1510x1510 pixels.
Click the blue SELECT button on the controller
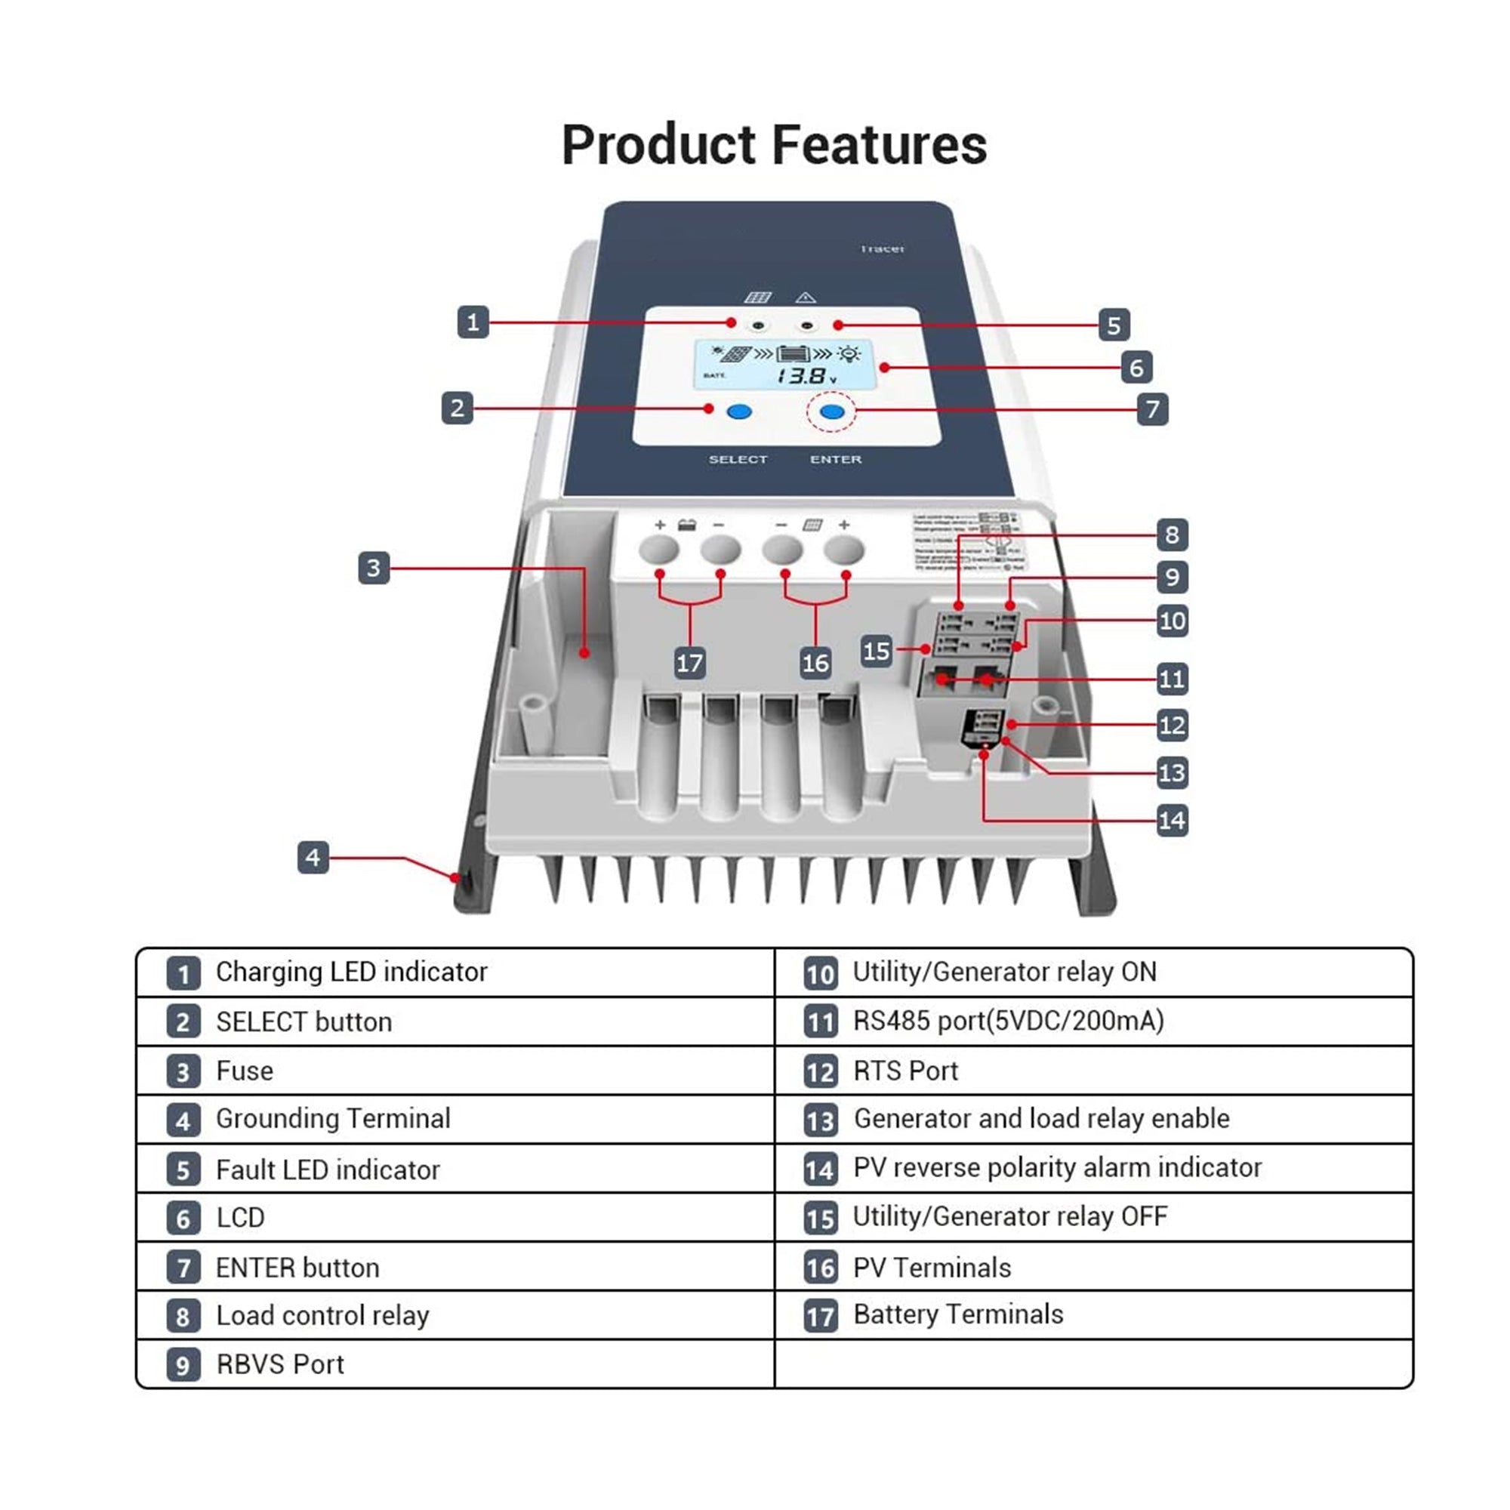tap(738, 411)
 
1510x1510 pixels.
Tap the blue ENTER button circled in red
tap(830, 411)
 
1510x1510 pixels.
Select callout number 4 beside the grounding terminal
tap(313, 858)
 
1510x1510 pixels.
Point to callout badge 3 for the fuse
tap(374, 568)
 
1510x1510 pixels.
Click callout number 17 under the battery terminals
tap(689, 663)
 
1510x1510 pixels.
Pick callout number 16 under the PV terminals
tap(815, 663)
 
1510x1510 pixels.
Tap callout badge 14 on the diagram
tap(1172, 821)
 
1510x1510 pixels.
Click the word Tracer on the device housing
tap(882, 248)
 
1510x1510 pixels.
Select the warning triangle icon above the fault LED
tap(805, 297)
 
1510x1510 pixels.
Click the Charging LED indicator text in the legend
tap(351, 972)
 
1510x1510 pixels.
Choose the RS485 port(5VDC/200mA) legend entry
tap(1008, 1021)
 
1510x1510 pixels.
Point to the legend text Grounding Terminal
tap(333, 1118)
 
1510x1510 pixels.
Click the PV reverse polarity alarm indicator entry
tap(1057, 1167)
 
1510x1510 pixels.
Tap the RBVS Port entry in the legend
tap(280, 1364)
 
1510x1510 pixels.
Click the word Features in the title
tap(880, 146)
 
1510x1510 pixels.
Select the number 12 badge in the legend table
tap(820, 1071)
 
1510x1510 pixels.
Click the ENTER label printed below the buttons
tap(836, 460)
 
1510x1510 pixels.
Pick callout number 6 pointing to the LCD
tap(1136, 368)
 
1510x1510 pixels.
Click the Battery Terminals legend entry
tap(957, 1314)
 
